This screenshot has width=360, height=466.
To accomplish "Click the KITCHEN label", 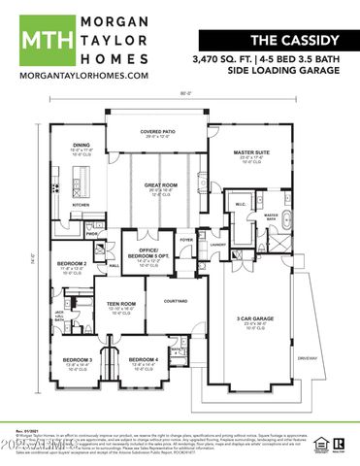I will tap(81, 205).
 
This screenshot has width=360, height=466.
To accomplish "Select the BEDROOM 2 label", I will tap(72, 264).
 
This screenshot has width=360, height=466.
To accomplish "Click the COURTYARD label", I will tap(175, 300).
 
